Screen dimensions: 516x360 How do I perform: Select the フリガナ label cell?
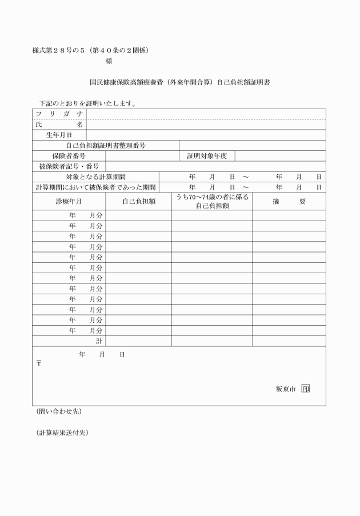coord(59,114)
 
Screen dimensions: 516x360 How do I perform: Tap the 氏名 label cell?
coord(59,125)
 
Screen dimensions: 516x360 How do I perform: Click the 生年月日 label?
coord(59,135)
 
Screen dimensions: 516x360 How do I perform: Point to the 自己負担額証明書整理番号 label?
coord(106,146)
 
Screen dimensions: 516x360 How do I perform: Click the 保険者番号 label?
coord(69,156)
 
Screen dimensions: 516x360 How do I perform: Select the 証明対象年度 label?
coord(207,156)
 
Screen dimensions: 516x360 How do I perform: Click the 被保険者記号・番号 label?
coord(69,166)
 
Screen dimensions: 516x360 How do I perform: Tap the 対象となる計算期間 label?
coord(95,177)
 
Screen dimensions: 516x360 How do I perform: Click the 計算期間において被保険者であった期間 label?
coord(95,187)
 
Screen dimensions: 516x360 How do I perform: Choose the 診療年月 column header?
coord(69,202)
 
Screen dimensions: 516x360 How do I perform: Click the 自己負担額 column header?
coord(139,202)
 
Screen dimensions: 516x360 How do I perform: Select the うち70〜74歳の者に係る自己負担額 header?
coord(212,202)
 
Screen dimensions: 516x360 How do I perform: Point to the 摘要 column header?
coord(289,202)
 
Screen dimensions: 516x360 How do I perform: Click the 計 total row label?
coord(99,341)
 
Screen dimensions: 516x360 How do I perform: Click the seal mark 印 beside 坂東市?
coord(305,389)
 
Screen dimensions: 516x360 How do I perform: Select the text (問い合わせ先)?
coord(55,411)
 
